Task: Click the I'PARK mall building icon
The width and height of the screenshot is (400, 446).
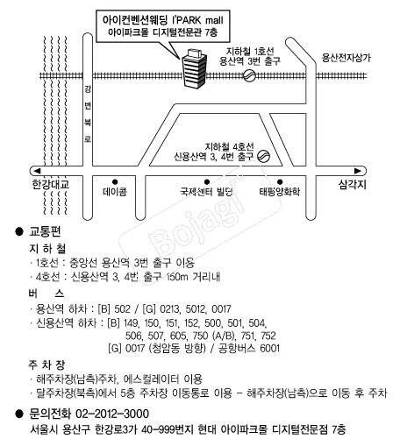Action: tap(194, 68)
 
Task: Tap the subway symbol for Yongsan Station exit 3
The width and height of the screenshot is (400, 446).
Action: tap(249, 76)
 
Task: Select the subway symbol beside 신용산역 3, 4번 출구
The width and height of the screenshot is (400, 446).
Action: tap(263, 156)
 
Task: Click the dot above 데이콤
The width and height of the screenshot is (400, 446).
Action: tap(115, 182)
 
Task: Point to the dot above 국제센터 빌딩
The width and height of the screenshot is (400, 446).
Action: tap(207, 182)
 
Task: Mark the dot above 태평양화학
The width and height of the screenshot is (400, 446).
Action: tap(280, 182)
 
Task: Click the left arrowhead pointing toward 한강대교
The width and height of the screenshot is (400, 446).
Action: tap(37, 171)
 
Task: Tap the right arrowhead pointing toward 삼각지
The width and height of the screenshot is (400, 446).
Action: tap(358, 171)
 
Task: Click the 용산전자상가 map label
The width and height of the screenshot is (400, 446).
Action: tap(346, 58)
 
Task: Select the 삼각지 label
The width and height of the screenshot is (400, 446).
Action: tap(353, 185)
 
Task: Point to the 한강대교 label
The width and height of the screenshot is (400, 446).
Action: tap(51, 185)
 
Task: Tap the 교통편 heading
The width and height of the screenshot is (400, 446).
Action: tap(45, 231)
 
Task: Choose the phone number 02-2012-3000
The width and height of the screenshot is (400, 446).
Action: tap(112, 414)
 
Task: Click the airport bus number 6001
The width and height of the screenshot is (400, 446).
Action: tap(269, 348)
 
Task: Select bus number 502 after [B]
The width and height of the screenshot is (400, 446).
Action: tap(122, 309)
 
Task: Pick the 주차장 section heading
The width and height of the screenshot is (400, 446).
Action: tap(46, 365)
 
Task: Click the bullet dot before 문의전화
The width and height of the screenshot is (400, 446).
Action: tap(19, 414)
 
